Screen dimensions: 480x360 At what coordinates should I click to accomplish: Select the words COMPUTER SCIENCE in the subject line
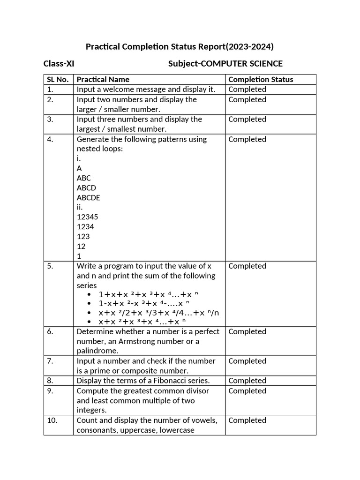click(x=241, y=64)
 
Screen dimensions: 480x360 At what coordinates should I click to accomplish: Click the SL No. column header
click(x=58, y=79)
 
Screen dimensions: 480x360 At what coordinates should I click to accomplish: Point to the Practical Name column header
click(x=103, y=79)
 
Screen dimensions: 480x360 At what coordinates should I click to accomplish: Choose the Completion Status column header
click(x=261, y=79)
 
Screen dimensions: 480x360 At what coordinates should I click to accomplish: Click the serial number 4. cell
click(x=51, y=139)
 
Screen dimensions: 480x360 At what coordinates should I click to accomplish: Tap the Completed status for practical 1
click(x=247, y=89)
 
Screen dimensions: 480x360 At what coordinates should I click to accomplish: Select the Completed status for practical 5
click(x=247, y=266)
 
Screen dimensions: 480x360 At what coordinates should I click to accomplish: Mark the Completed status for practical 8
click(x=247, y=381)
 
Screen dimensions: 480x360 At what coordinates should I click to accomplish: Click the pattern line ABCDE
click(x=88, y=198)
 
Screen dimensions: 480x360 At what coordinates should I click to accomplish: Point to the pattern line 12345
click(x=87, y=217)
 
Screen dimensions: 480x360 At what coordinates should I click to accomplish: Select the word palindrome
click(x=97, y=351)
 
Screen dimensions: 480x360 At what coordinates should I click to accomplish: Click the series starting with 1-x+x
click(x=143, y=303)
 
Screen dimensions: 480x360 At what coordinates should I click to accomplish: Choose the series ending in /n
click(x=158, y=313)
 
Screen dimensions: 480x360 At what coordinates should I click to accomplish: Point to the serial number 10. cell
click(x=52, y=420)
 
